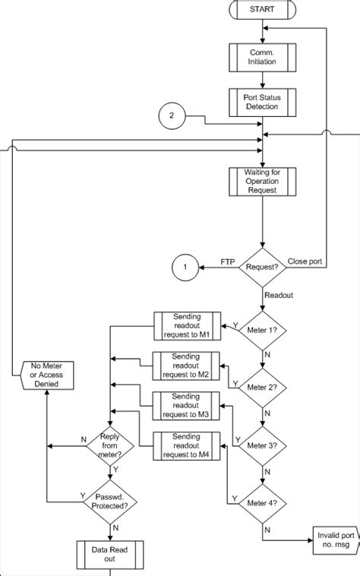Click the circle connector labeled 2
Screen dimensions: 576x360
(172, 116)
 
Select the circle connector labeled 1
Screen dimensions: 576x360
(185, 267)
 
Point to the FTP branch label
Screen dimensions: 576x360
(227, 261)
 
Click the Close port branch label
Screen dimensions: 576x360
(305, 261)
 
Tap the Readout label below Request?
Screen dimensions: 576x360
(278, 293)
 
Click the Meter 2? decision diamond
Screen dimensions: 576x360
(262, 386)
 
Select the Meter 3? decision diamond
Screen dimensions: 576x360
(262, 445)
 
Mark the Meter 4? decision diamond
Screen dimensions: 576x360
(262, 502)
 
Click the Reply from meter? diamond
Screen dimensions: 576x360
(109, 444)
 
